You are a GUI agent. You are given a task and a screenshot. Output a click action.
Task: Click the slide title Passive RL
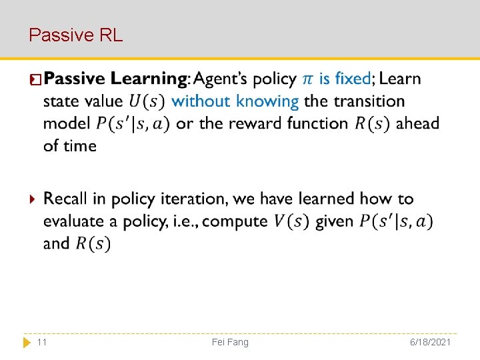(x=76, y=35)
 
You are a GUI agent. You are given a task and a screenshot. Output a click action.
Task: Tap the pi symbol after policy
(x=307, y=79)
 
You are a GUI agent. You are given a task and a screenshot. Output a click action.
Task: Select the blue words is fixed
(x=345, y=79)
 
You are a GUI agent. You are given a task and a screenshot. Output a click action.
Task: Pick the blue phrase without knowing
(x=235, y=101)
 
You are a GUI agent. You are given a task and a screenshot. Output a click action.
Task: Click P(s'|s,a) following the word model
(x=133, y=124)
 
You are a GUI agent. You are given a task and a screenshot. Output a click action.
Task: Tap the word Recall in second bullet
(x=65, y=199)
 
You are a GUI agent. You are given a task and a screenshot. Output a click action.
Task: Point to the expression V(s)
(x=291, y=221)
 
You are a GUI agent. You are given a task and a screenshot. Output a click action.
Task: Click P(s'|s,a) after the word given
(x=395, y=221)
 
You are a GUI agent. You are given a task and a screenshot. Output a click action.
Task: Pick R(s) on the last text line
(x=93, y=244)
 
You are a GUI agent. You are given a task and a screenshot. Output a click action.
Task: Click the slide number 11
(x=42, y=342)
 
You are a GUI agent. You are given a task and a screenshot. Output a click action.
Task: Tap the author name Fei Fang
(x=230, y=342)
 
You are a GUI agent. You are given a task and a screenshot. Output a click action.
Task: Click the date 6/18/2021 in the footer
(x=431, y=342)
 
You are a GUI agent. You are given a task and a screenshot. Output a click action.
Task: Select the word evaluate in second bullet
(x=71, y=221)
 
